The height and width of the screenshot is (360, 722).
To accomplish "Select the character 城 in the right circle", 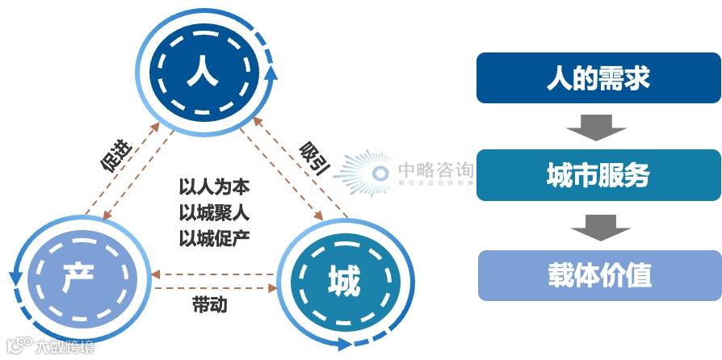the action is (343, 282).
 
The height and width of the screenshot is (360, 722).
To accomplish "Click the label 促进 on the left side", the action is (115, 155).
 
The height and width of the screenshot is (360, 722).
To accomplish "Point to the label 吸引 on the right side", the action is (313, 157).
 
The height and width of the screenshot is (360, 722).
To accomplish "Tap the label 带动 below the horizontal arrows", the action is (209, 305).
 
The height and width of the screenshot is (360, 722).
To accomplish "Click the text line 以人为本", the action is (214, 187).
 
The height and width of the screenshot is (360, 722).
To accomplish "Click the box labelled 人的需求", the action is (598, 79).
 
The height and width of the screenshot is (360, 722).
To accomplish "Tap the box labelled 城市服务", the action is (598, 175).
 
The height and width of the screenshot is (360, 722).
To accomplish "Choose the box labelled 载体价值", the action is (598, 275).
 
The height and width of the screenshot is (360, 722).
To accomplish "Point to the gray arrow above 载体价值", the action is (598, 227).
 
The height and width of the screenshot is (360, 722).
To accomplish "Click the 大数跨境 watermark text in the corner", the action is (63, 348).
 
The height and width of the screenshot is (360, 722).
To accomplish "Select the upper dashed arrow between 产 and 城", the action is (213, 274).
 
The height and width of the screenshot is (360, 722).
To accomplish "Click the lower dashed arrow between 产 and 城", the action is (213, 287).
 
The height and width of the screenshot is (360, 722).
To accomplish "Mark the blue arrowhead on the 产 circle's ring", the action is (15, 278).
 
